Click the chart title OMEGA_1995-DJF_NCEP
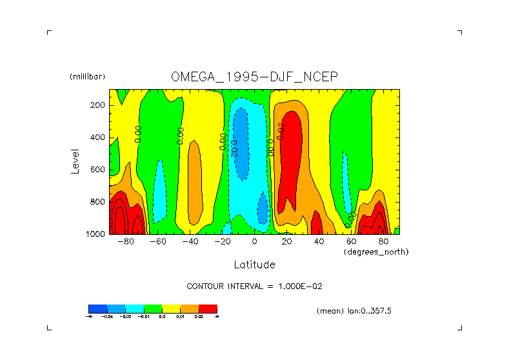254,77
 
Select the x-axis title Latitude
254,265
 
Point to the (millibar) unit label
87,77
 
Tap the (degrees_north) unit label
376,251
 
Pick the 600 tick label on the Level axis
98,170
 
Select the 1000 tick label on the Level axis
96,234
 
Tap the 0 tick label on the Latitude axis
254,242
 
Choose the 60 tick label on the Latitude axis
351,242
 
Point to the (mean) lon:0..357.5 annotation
354,310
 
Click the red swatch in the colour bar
208,308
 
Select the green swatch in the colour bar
152,308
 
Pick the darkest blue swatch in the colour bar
97,308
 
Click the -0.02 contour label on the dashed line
234,148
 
